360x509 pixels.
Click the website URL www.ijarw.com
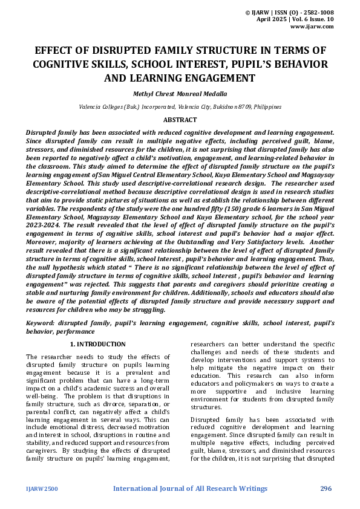click(x=312, y=27)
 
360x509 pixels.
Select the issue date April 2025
click(x=273, y=19)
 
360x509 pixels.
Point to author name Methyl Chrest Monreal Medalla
click(x=180, y=94)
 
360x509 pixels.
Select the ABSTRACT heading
click(x=180, y=120)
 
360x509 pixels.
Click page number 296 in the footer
click(x=326, y=488)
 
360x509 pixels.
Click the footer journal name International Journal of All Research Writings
click(x=189, y=488)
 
